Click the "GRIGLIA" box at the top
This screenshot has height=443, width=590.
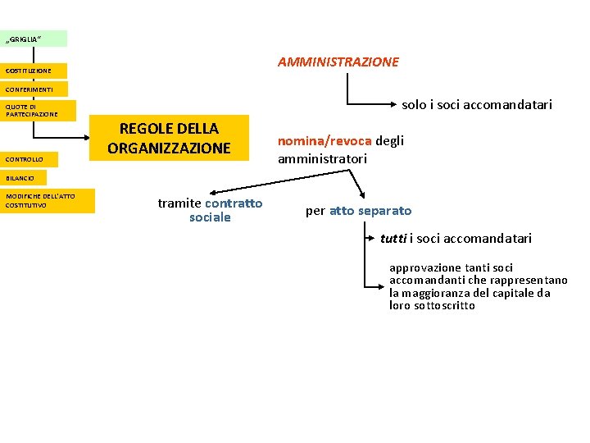(34, 39)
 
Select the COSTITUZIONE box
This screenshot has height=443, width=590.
(34, 71)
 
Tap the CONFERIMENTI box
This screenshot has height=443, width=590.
(34, 89)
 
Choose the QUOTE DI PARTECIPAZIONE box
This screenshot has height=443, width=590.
(38, 110)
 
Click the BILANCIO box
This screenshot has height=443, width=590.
(23, 177)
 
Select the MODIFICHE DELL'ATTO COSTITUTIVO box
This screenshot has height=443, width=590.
(48, 201)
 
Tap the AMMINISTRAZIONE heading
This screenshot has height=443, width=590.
(338, 62)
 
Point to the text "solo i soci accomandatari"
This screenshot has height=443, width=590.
(476, 105)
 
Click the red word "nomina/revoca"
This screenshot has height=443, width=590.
(324, 140)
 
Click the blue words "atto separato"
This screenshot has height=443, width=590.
(370, 211)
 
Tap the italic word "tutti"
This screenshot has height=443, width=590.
(393, 239)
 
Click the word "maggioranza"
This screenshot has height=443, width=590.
(442, 293)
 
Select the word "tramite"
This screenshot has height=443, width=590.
(179, 203)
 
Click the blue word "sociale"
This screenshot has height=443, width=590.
(210, 217)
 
